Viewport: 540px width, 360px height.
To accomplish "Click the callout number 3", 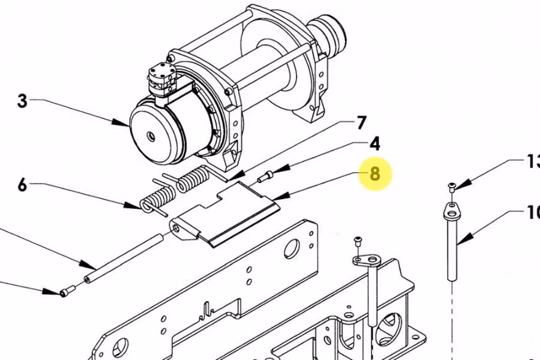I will tap(22, 101).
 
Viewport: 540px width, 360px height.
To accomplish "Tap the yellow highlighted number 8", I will tap(375, 174).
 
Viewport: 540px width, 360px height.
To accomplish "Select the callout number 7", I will tap(361, 124).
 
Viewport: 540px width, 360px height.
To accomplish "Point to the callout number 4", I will tap(374, 144).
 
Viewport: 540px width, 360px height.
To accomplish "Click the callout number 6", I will tap(22, 185).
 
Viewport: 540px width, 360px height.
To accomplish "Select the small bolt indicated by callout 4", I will tap(265, 176).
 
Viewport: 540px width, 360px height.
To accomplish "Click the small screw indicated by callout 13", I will tap(452, 187).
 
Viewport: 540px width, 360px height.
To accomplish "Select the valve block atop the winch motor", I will tap(163, 79).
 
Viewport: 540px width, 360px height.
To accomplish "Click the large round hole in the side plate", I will tap(292, 248).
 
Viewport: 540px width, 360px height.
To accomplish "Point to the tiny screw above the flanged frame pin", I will tap(358, 241).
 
